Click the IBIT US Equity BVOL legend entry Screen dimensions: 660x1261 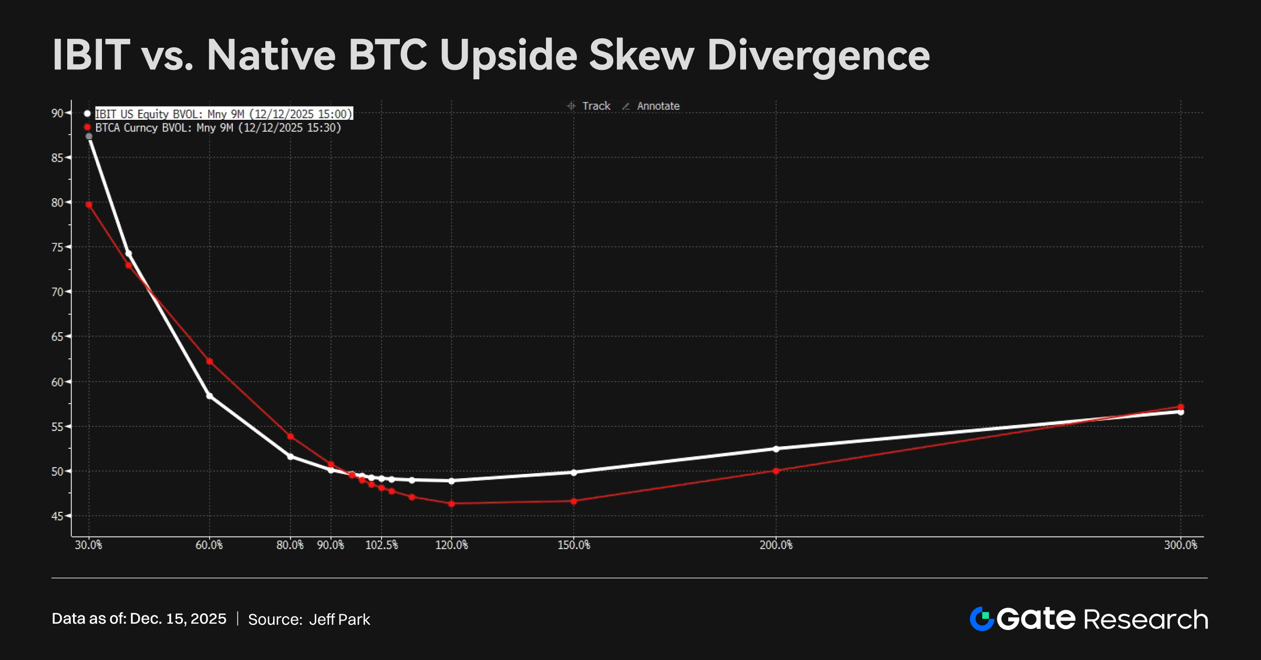pos(223,114)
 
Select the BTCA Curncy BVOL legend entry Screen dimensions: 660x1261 pos(218,128)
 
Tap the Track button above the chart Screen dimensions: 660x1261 pos(590,106)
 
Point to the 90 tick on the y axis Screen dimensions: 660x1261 pos(57,113)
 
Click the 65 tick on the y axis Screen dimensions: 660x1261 pos(57,336)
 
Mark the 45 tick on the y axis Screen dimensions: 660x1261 pos(57,516)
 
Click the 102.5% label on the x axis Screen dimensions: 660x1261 pos(381,545)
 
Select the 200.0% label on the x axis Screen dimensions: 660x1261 pos(776,545)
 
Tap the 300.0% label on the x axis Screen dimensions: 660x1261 pos(1180,545)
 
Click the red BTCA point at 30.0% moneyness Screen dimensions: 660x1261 pos(89,204)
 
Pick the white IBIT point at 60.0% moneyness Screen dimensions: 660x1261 pos(210,396)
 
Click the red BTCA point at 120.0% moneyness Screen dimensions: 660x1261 pos(451,503)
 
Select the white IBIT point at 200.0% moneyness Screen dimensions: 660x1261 pos(776,449)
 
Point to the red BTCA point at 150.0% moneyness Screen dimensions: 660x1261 pos(574,501)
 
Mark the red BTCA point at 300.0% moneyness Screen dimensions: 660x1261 pos(1181,407)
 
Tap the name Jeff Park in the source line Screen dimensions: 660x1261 pos(339,620)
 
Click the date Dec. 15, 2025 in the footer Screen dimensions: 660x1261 pos(178,619)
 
